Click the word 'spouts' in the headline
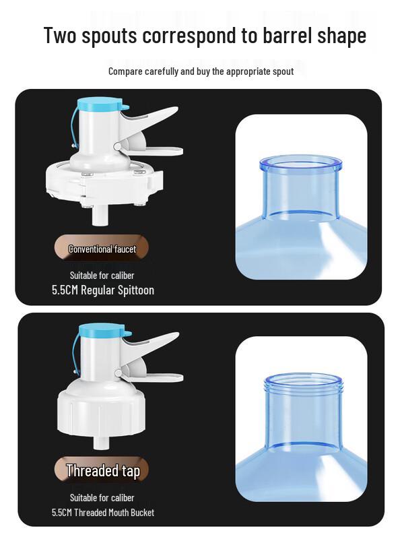[x=109, y=36]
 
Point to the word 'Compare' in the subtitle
[x=125, y=71]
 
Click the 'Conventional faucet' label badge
[x=102, y=249]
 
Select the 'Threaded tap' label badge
[x=102, y=470]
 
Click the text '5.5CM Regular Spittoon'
[x=103, y=290]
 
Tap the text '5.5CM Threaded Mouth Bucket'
[x=103, y=513]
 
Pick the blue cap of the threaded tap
[x=103, y=330]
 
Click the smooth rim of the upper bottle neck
[x=300, y=163]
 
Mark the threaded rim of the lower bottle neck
[x=304, y=382]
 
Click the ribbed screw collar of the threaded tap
[x=102, y=412]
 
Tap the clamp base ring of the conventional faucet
[x=104, y=182]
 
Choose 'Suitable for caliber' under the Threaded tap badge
[x=102, y=498]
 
